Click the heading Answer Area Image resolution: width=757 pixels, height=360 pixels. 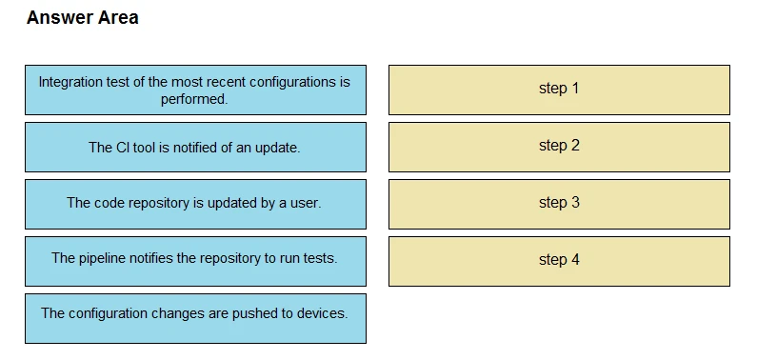[82, 17]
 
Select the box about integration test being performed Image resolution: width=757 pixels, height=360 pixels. [195, 90]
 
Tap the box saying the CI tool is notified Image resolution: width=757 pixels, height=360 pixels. [195, 147]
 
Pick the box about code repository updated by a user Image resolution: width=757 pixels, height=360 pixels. [195, 203]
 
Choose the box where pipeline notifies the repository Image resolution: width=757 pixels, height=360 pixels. [195, 259]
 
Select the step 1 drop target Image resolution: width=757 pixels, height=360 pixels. [559, 90]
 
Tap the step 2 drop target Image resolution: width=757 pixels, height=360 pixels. [559, 147]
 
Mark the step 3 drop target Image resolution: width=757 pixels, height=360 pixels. [559, 203]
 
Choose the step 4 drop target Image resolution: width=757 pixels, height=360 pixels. [559, 260]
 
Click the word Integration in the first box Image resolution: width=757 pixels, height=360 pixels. [72, 82]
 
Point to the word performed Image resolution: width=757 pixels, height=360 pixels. [194, 99]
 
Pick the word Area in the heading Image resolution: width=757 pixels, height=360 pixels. [117, 17]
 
